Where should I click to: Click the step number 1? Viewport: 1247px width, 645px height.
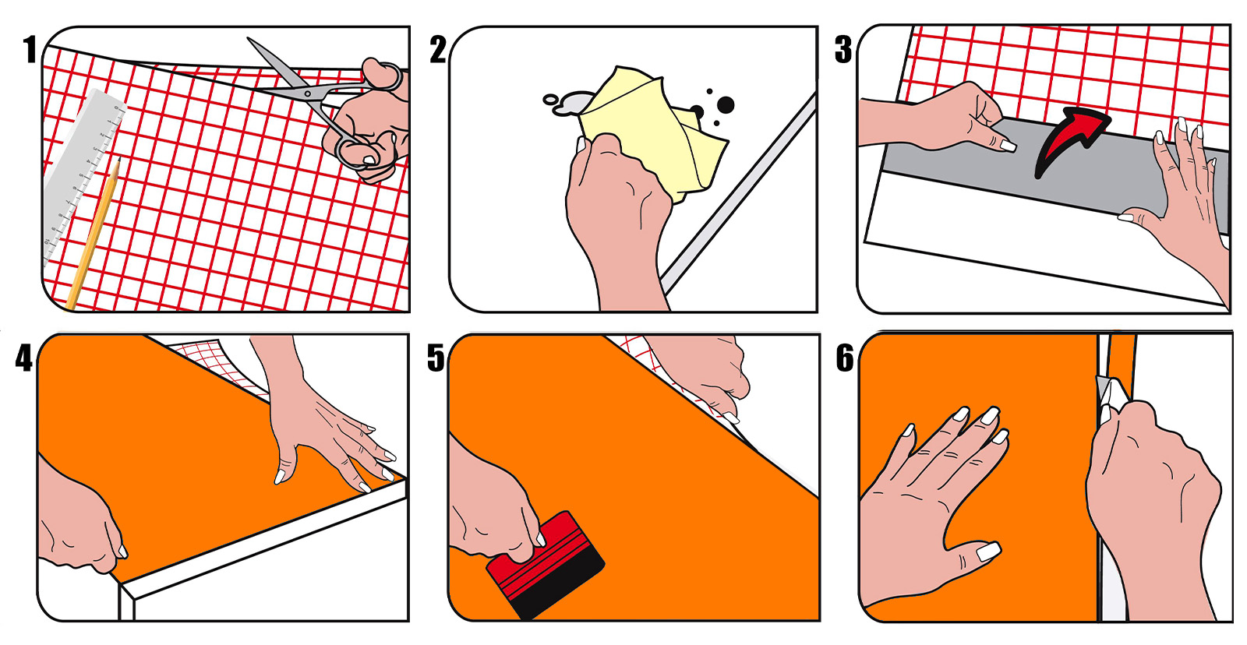30,49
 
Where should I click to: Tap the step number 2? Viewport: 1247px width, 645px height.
438,49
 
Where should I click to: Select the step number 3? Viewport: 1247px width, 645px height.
843,49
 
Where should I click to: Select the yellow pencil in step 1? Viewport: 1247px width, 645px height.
93,234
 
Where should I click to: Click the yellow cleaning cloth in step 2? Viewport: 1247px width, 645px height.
652,131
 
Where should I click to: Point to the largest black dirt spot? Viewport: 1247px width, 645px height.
726,104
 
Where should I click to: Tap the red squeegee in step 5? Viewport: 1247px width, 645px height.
546,565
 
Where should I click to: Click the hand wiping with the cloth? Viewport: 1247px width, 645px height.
618,223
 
